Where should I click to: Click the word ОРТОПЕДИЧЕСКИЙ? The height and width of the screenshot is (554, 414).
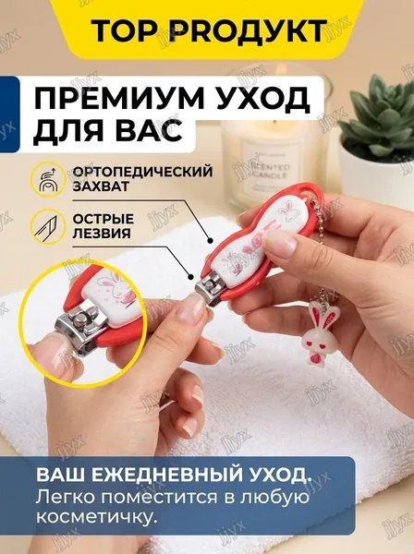(143, 172)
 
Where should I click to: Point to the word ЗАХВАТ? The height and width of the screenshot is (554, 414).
(101, 187)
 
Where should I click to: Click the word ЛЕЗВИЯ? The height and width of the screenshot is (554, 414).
(102, 234)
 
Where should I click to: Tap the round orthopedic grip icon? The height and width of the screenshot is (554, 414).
(47, 179)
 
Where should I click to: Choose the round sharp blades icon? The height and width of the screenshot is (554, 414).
(47, 226)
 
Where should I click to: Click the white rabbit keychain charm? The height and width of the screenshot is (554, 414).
(314, 331)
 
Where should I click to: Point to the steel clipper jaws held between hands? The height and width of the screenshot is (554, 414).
(209, 289)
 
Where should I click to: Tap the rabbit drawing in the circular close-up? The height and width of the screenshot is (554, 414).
(113, 286)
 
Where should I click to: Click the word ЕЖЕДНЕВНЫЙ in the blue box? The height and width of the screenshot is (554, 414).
(165, 476)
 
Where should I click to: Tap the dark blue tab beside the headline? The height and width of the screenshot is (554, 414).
(9, 114)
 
